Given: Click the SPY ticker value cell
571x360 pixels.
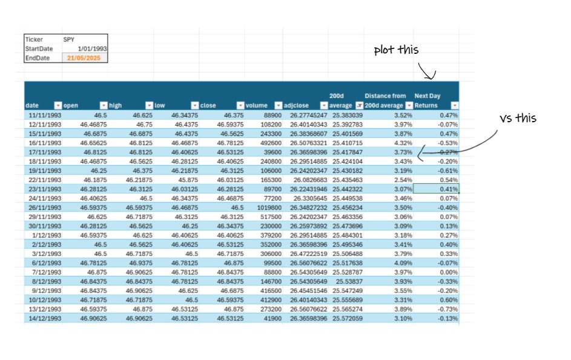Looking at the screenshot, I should pos(84,39).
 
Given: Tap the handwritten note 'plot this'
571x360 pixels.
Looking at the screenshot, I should pos(396,50).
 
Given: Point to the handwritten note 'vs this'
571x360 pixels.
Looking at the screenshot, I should pos(518,118).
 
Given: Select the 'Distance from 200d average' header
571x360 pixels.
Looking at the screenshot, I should pos(385,100).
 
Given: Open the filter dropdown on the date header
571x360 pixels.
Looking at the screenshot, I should pos(58,105).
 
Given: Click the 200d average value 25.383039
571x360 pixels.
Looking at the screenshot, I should pos(347,114).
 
